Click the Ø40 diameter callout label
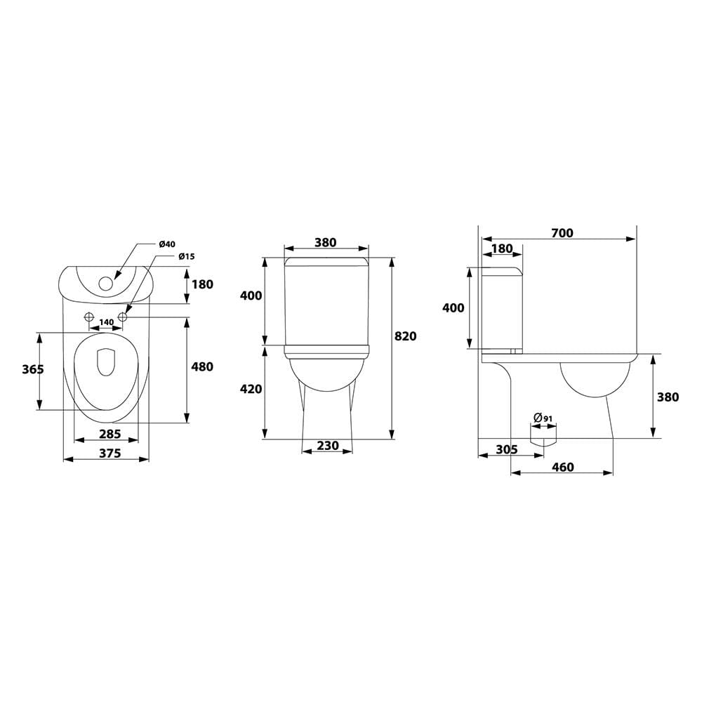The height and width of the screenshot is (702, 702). click(x=167, y=244)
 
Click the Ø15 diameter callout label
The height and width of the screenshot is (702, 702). click(x=187, y=256)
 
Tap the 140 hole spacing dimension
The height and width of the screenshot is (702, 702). click(x=106, y=322)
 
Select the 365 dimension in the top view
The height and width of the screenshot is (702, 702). click(x=33, y=369)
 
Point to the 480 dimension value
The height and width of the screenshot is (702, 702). click(x=202, y=366)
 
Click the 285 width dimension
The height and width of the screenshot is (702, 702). click(x=110, y=434)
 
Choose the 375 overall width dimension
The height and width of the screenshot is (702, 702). click(x=110, y=453)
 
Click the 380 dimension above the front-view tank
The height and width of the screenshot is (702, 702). click(x=326, y=242)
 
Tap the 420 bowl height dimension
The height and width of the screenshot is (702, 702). click(x=251, y=389)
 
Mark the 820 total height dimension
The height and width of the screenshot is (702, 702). click(x=406, y=336)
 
